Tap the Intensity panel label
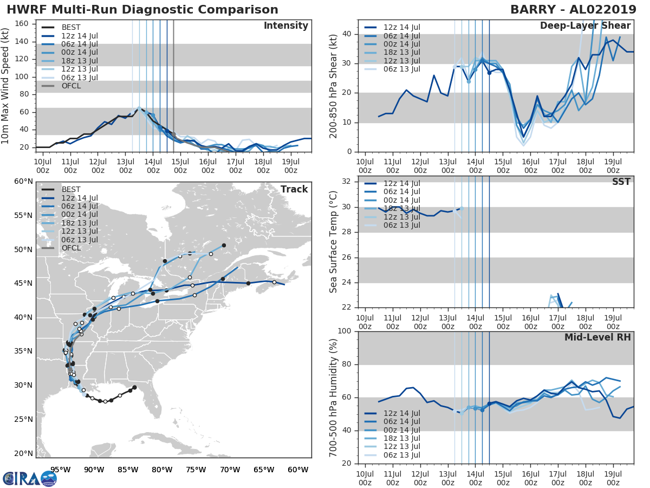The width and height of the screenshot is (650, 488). tap(285, 26)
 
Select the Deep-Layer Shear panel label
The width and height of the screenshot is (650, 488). tap(585, 26)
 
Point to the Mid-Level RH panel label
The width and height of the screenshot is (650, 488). tap(597, 337)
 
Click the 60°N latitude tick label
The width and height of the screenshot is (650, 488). tap(23, 181)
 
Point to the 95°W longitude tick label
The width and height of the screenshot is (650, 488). tap(60, 470)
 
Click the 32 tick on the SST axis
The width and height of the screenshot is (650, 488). tap(346, 181)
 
